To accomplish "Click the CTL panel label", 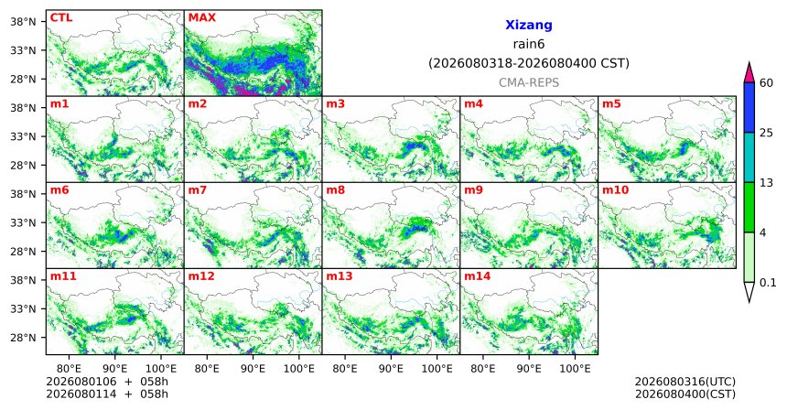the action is [61, 17].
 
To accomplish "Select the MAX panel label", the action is [201, 17].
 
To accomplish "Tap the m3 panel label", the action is [336, 104].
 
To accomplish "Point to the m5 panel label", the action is [611, 104].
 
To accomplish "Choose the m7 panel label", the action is [198, 190].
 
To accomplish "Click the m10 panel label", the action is [615, 190].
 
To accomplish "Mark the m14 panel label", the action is [478, 276].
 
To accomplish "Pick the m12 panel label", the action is [201, 276].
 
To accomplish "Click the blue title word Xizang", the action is [529, 25].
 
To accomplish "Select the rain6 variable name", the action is [529, 44].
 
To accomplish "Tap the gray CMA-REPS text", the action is [529, 82].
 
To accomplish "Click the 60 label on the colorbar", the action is [767, 82].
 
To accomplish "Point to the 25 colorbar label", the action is [767, 133].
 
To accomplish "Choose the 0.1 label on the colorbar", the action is [768, 283].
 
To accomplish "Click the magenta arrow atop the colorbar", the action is [749, 72].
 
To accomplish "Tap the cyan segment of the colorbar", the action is [749, 157].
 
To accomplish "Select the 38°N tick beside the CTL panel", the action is [24, 22].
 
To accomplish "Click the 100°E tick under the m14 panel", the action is [575, 369].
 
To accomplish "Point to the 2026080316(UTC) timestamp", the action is [685, 382].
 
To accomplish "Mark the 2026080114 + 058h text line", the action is [107, 394].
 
